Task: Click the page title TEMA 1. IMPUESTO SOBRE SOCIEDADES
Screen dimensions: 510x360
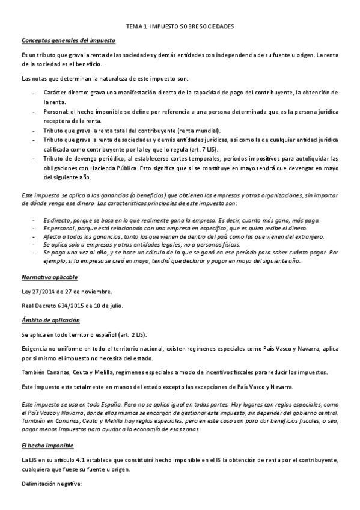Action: point(180,27)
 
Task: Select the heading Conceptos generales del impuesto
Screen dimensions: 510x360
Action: point(69,40)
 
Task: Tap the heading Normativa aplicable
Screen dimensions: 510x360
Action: point(49,278)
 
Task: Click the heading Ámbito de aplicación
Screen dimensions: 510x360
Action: point(50,320)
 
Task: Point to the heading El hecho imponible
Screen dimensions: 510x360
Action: point(47,446)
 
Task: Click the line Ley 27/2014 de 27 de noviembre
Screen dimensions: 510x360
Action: point(67,292)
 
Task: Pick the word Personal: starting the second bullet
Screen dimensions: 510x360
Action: point(55,112)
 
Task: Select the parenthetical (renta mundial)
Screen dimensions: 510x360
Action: point(200,131)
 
